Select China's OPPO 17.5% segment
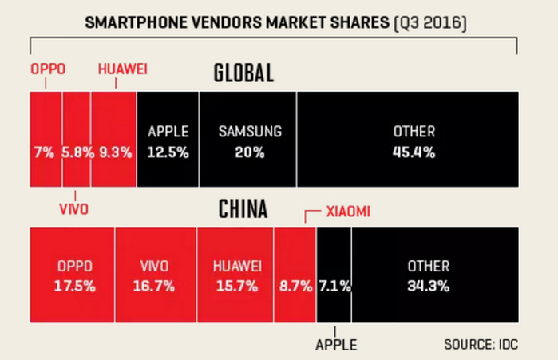point(72,275)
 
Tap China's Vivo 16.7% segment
point(154,275)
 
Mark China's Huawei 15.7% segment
point(234,275)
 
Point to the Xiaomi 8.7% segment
point(295,275)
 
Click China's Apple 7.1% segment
point(334,275)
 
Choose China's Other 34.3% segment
point(434,275)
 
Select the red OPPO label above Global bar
point(48,69)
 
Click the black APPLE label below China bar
point(336,345)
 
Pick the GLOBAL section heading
point(243,74)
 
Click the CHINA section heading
point(243,210)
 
